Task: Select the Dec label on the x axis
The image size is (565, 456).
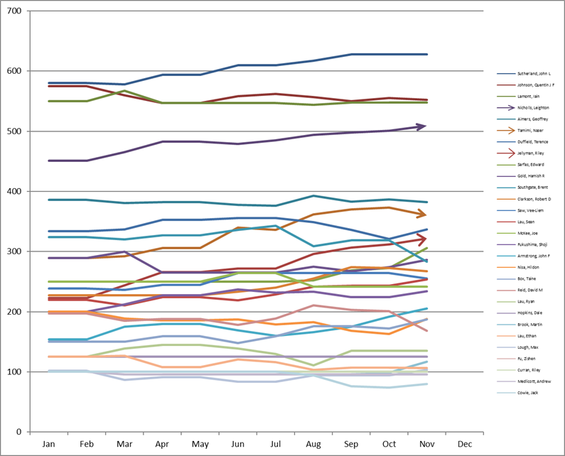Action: [464, 444]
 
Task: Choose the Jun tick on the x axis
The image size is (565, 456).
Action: [238, 444]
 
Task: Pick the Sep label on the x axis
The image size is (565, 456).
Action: [351, 444]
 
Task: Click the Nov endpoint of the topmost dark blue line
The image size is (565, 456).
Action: [426, 54]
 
